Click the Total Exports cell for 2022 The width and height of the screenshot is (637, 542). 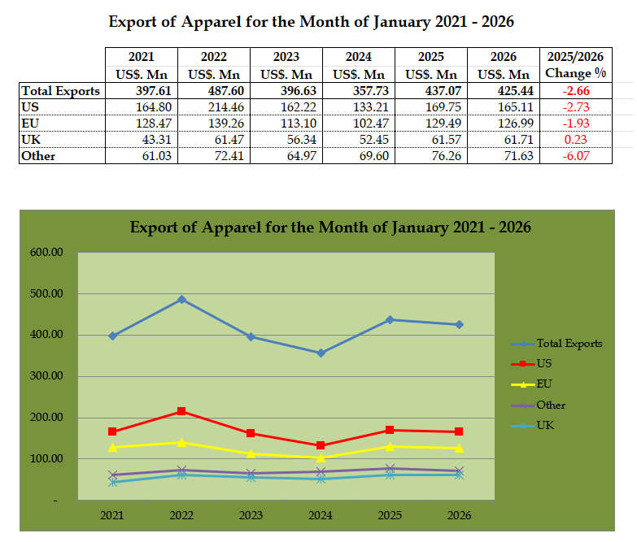215,91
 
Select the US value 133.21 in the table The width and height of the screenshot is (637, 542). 359,106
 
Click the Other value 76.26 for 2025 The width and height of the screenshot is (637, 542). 430,155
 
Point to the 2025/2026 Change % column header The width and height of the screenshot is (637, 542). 577,65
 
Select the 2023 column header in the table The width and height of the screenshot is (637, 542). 287,58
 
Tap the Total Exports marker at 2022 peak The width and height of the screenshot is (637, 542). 181,300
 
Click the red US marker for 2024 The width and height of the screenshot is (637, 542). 321,445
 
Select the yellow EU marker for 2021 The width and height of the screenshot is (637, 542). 112,447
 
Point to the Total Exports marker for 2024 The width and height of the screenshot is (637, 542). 321,353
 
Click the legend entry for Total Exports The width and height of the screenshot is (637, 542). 569,344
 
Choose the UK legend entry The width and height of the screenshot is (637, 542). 545,425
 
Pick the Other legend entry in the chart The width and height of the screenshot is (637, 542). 550,405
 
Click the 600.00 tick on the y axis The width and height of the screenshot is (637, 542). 46,253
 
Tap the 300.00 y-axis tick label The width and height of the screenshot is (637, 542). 46,377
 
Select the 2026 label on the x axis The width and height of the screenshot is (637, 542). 459,515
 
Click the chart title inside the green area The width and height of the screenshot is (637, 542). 330,228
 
